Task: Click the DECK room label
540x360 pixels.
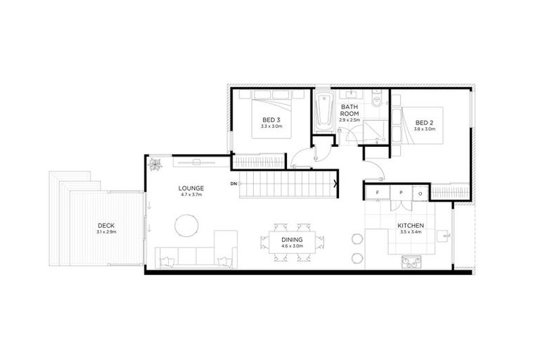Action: (x=107, y=225)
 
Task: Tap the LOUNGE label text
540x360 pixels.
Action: (x=191, y=188)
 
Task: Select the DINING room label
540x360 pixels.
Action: (x=292, y=240)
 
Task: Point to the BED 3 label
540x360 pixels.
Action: (x=271, y=120)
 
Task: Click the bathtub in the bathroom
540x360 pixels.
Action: (x=323, y=112)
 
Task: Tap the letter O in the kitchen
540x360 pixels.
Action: (x=420, y=193)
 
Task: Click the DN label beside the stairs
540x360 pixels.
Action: (x=233, y=184)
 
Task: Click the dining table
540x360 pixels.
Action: (x=292, y=243)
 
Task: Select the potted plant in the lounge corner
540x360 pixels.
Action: (x=154, y=165)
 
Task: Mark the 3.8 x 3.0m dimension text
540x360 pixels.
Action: (x=425, y=129)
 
